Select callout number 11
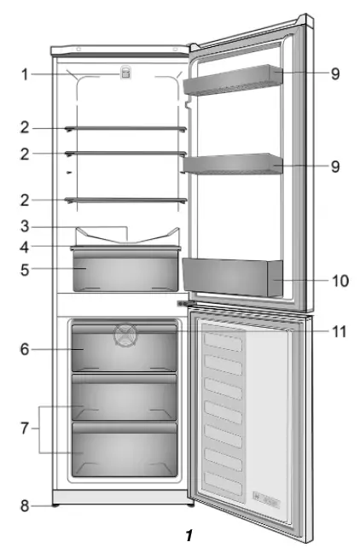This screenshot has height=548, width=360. [x=339, y=329]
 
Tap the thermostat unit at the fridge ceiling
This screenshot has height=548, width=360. [x=125, y=75]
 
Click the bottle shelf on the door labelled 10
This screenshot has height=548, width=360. [x=230, y=277]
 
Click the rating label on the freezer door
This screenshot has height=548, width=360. [x=264, y=493]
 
